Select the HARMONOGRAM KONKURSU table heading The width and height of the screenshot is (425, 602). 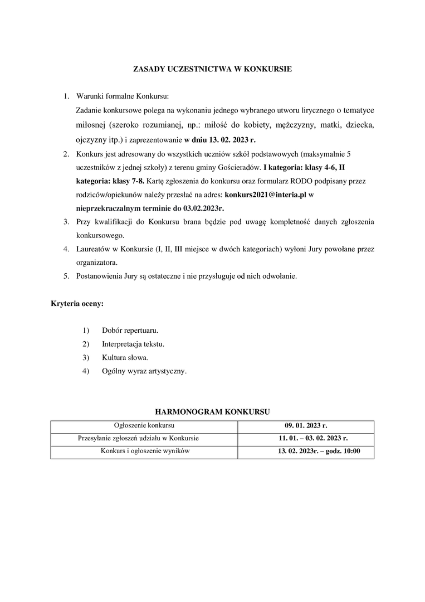[212, 412]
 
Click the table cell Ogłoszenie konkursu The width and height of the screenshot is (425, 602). [144, 425]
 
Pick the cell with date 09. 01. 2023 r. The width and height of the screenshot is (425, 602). [306, 425]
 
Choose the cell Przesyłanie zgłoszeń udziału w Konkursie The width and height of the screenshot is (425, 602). [144, 438]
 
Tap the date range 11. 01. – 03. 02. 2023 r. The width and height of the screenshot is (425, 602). [306, 438]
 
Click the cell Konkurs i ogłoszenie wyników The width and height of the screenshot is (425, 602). [144, 451]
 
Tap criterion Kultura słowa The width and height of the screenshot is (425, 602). [125, 357]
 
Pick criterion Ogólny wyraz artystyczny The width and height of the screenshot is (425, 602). [144, 371]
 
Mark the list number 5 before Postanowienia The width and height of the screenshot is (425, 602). [66, 276]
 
